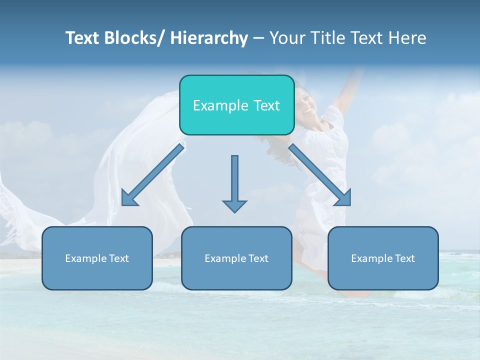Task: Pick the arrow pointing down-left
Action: coord(153,175)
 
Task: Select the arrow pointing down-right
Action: coord(319,175)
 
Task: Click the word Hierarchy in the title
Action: coord(209,38)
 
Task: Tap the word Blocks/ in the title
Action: coord(131,38)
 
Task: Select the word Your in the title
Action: coord(287,38)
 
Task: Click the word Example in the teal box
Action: coord(216,105)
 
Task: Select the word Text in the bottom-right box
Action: coord(404,258)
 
